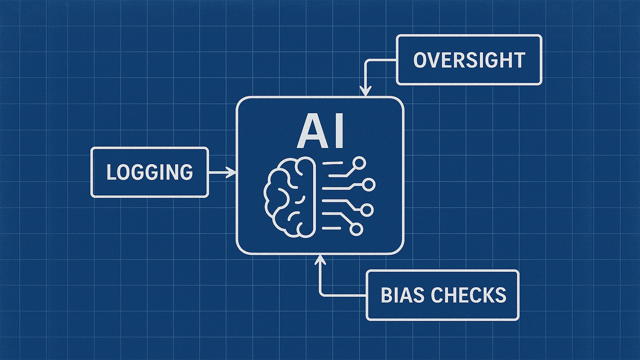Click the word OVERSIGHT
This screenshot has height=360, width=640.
click(x=469, y=60)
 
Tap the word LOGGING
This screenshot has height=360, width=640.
click(x=150, y=172)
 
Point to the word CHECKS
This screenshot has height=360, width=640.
click(x=469, y=295)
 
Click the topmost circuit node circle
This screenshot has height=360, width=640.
click(x=360, y=163)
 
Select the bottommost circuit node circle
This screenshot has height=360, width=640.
click(x=356, y=229)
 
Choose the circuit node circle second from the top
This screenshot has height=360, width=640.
click(x=369, y=184)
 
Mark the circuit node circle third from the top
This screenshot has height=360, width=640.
click(x=367, y=210)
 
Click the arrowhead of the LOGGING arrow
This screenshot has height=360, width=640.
click(x=232, y=172)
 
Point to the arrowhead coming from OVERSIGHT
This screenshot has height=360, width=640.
click(x=365, y=92)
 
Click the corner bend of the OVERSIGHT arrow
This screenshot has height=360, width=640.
click(x=365, y=61)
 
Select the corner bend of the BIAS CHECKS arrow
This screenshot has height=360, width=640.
click(x=320, y=295)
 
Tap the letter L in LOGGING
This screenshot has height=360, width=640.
click(x=112, y=172)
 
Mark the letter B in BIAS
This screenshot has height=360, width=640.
click(x=387, y=295)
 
